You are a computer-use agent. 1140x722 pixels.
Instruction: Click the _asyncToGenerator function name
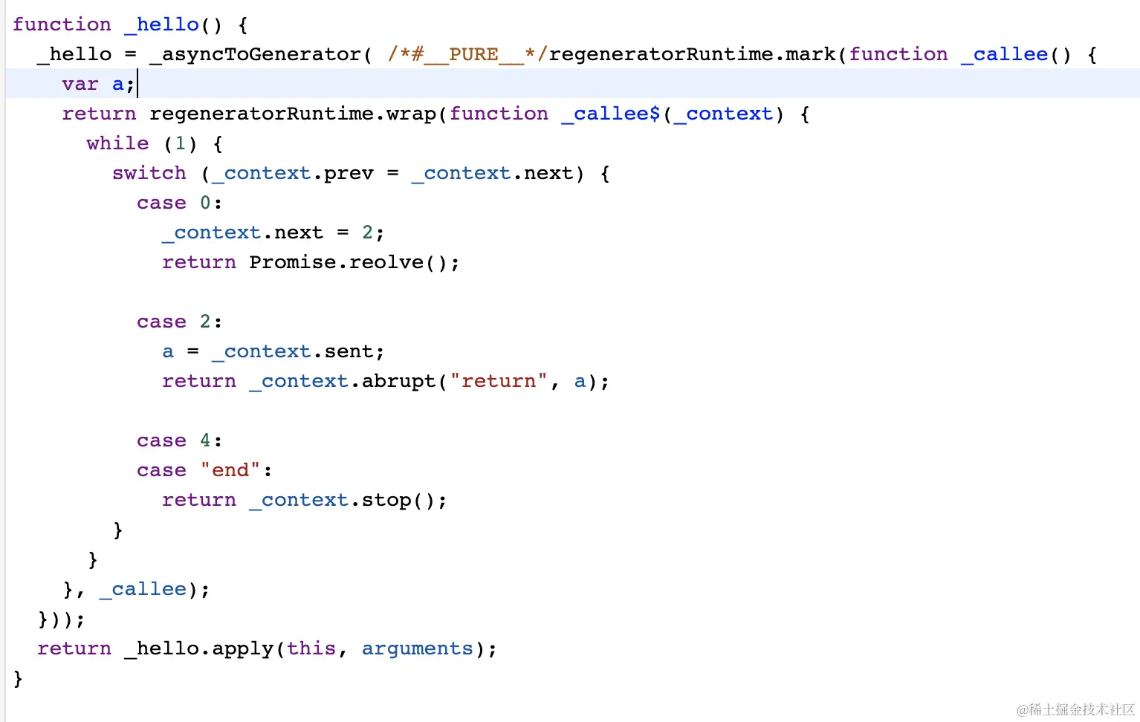pos(255,54)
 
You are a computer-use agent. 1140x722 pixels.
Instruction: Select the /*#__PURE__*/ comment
pos(467,54)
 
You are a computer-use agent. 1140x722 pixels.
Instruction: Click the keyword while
pos(117,143)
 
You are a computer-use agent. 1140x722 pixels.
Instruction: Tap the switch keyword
pos(149,173)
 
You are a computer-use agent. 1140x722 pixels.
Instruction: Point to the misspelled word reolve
pos(386,262)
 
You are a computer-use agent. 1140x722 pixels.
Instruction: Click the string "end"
pos(230,469)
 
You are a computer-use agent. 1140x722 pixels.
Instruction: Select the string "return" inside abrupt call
pos(499,380)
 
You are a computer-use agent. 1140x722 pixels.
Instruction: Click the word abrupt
pos(399,380)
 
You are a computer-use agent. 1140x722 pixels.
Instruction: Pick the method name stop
pos(386,500)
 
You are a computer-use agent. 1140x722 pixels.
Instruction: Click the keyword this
pos(311,648)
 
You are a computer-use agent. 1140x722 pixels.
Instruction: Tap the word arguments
pos(418,648)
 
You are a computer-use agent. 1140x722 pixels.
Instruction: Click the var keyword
pos(80,85)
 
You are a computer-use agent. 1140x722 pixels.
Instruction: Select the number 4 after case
pos(205,440)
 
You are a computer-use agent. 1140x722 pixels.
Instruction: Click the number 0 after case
pos(205,203)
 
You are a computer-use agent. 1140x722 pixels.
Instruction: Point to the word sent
pos(349,351)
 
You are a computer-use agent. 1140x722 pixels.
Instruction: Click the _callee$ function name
pos(611,114)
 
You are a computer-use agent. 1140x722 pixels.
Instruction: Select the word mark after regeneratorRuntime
pos(810,54)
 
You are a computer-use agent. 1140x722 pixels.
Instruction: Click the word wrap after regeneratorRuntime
pos(411,114)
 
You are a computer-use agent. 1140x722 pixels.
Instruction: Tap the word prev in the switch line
pos(349,174)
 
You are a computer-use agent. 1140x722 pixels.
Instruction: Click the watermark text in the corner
pos(1075,709)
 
